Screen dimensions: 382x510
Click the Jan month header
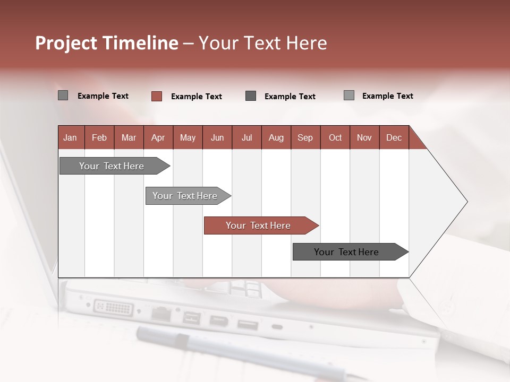coord(70,138)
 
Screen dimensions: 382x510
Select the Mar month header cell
coord(129,138)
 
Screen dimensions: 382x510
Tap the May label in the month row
coord(188,138)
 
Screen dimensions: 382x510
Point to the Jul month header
coord(246,138)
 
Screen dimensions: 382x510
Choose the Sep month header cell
coord(305,138)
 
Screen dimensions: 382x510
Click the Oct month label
coord(335,138)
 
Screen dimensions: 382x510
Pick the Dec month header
coord(394,138)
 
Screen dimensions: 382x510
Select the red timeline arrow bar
coord(260,225)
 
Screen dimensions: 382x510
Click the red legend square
coord(157,96)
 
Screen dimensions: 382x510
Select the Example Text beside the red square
coord(196,97)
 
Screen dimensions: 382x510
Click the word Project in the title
coord(66,43)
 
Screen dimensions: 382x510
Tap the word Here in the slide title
coord(307,43)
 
